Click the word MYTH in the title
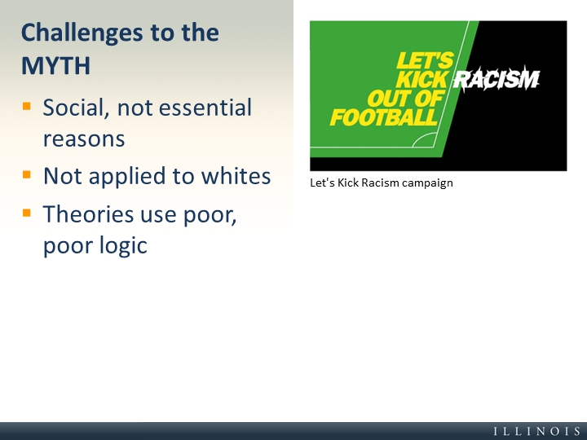pyautogui.click(x=55, y=66)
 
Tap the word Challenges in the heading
pyautogui.click(x=82, y=33)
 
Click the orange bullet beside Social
pyautogui.click(x=27, y=106)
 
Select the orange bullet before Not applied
pyautogui.click(x=27, y=174)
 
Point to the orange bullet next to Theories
pyautogui.click(x=27, y=213)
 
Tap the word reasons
pyautogui.click(x=84, y=139)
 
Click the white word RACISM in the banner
pyautogui.click(x=497, y=79)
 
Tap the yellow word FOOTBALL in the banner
pyautogui.click(x=383, y=117)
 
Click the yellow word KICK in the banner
pyautogui.click(x=421, y=79)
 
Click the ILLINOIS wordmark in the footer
pyautogui.click(x=537, y=431)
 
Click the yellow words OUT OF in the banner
pyautogui.click(x=405, y=99)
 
